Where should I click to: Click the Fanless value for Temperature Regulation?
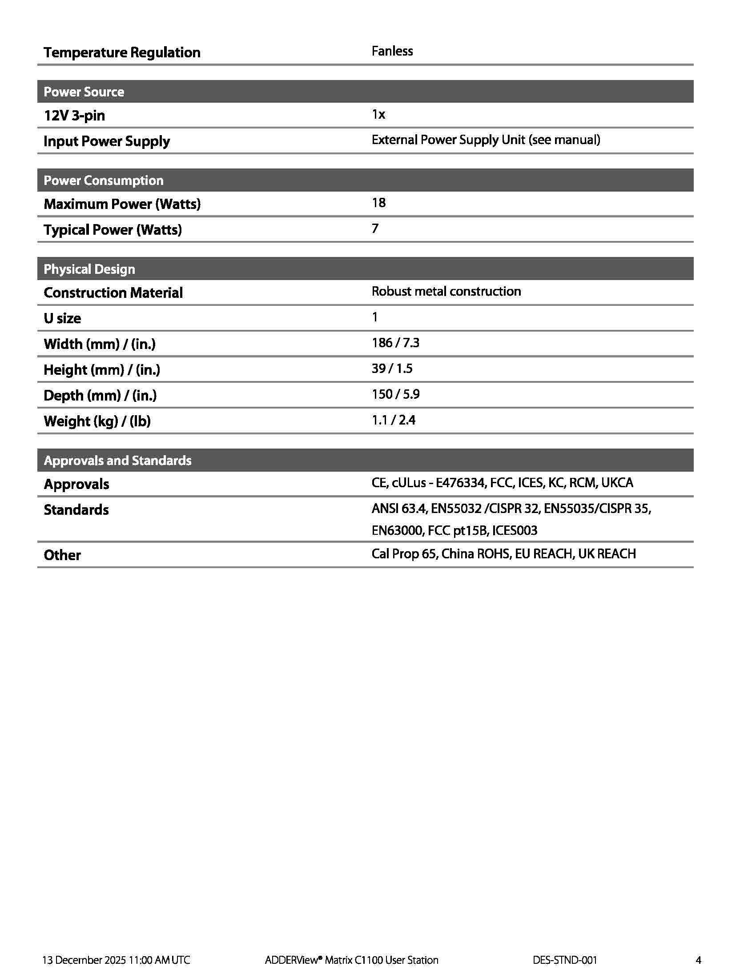[x=392, y=51]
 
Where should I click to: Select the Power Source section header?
[x=84, y=92]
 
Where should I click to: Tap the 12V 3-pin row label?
[x=74, y=116]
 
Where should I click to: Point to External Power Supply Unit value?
[x=486, y=140]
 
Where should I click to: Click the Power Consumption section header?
[x=104, y=180]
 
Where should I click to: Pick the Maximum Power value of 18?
[x=378, y=203]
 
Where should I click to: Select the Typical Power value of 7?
[x=375, y=229]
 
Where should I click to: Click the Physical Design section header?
[x=89, y=269]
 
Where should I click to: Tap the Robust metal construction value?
[x=446, y=292]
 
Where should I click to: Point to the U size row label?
[x=62, y=318]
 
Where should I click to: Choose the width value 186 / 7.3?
[x=395, y=343]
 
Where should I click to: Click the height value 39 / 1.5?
[x=392, y=369]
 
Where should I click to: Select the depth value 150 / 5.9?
[x=395, y=394]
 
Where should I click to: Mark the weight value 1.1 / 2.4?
[x=393, y=420]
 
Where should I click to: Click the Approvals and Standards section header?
[x=117, y=461]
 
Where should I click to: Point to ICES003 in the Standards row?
[x=515, y=531]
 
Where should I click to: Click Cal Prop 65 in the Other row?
[x=403, y=554]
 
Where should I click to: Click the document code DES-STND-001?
[x=565, y=960]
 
